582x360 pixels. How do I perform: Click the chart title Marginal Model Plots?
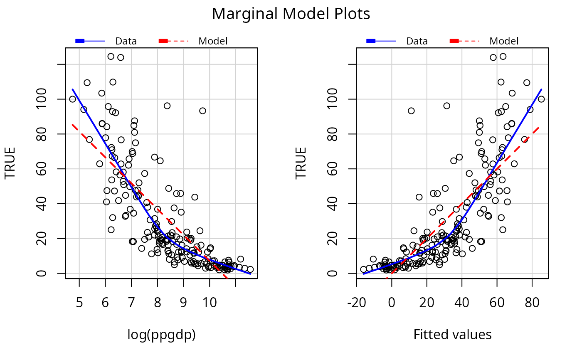click(291, 14)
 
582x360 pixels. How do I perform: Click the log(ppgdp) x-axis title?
click(162, 335)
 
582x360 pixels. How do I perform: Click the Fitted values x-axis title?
click(452, 335)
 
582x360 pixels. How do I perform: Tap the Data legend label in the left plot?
click(126, 41)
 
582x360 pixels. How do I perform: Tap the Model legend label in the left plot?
click(213, 41)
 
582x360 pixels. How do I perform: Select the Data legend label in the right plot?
click(417, 41)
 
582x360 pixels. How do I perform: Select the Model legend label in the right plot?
click(504, 41)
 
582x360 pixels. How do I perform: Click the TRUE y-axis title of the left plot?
click(10, 163)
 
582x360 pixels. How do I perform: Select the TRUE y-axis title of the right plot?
click(301, 163)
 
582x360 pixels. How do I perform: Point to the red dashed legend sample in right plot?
click(465, 41)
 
